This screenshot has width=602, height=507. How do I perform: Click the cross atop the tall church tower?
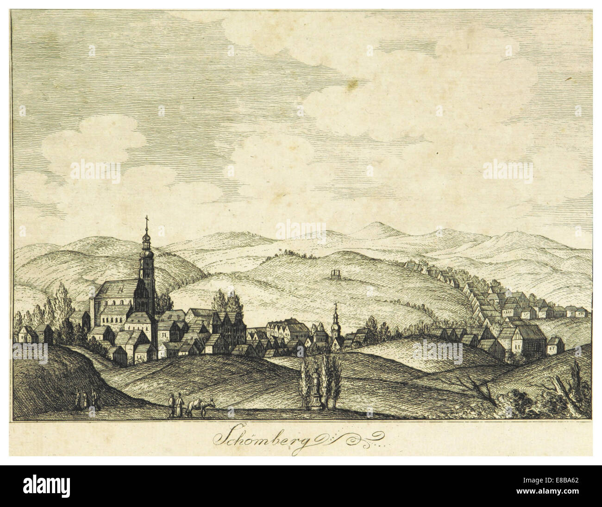147,220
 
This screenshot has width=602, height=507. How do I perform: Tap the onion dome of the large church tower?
147,243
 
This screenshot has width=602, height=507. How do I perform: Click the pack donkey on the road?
200,406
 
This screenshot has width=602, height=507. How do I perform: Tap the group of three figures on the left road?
87,399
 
